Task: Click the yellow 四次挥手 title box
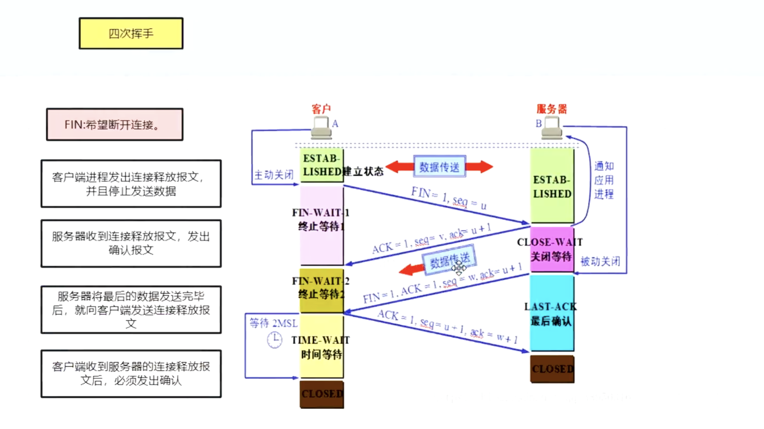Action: click(x=131, y=33)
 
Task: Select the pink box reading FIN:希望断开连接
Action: click(x=115, y=124)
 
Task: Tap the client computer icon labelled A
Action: click(x=321, y=127)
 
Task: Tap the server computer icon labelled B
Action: click(x=551, y=127)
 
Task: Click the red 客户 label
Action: click(x=321, y=109)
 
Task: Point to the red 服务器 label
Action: click(x=551, y=109)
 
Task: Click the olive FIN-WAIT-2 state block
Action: click(x=321, y=290)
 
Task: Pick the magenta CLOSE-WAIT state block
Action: click(x=551, y=249)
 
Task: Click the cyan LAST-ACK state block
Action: click(x=551, y=313)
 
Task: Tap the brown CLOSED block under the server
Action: click(x=552, y=369)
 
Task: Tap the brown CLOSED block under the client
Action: click(x=322, y=394)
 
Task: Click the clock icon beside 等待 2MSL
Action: click(x=275, y=340)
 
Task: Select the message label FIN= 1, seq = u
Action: click(x=449, y=198)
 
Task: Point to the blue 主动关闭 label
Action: click(x=274, y=175)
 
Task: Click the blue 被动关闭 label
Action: click(x=600, y=261)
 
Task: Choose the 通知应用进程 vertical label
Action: click(x=603, y=180)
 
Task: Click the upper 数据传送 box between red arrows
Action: click(x=439, y=167)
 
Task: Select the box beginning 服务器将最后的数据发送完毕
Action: click(x=131, y=309)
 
